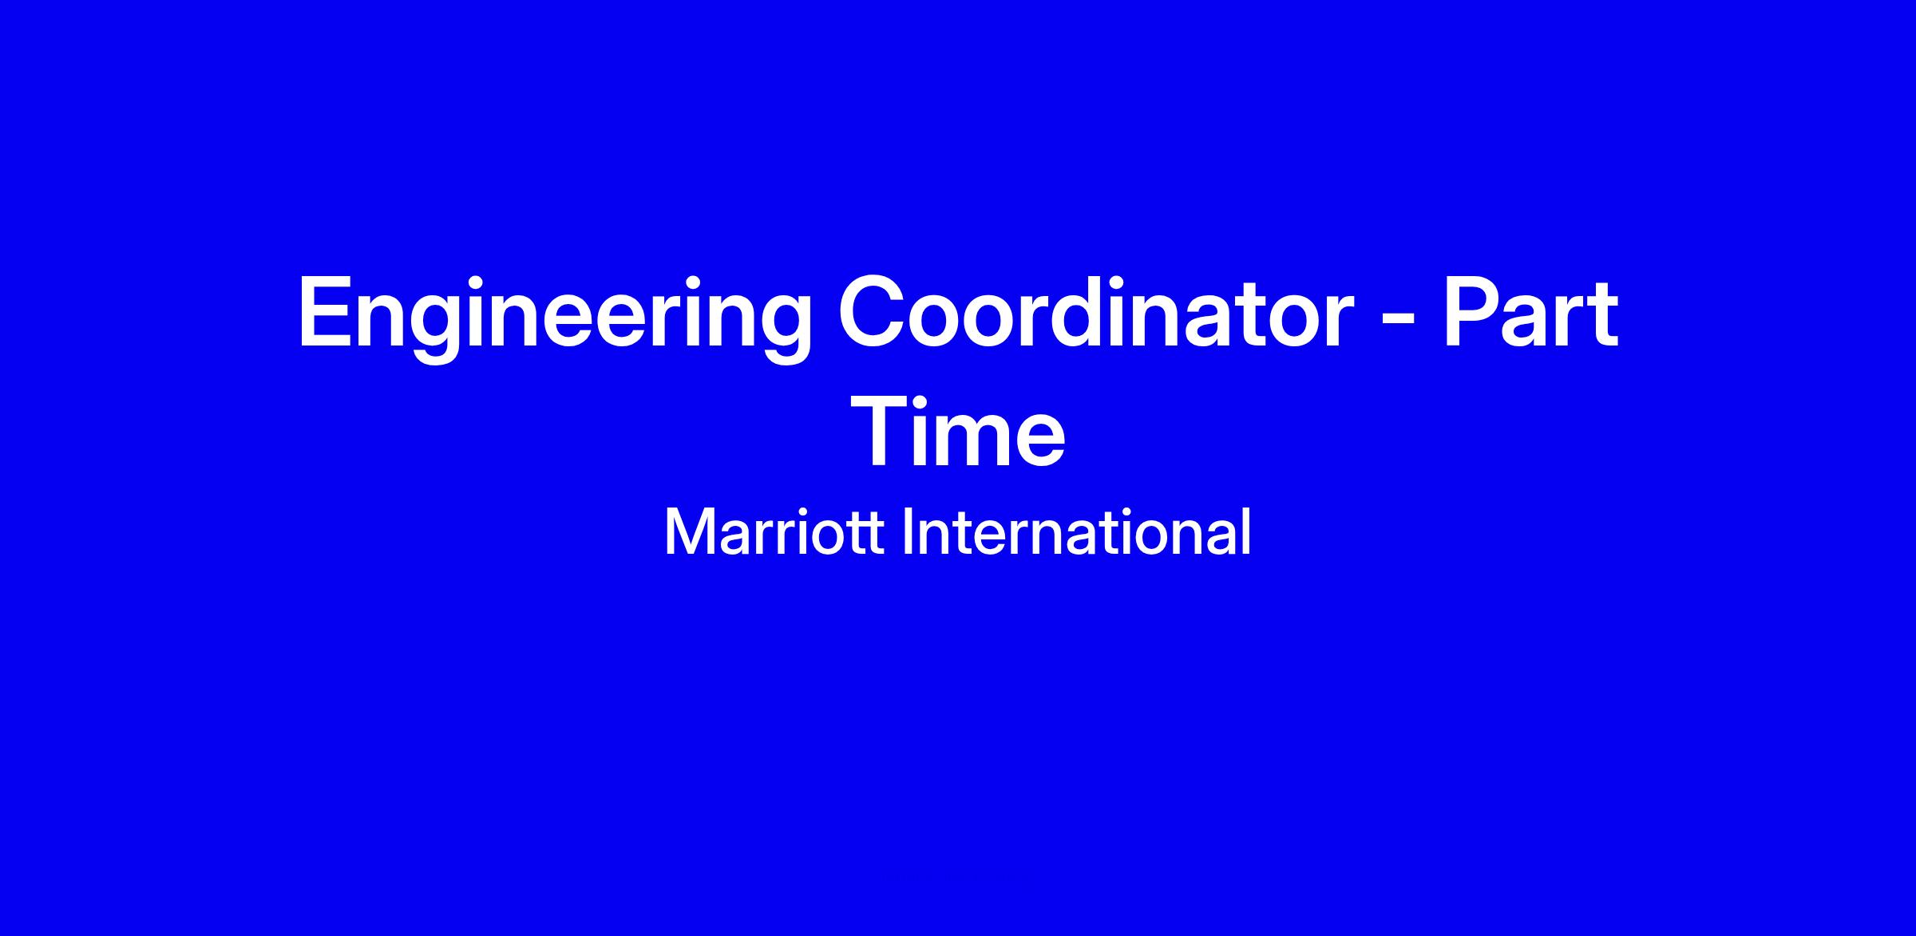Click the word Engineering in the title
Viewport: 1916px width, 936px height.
555,318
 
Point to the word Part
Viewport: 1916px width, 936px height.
1530,312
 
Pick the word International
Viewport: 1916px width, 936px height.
1075,532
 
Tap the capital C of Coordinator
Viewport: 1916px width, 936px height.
873,312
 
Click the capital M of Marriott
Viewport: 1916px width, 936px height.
687,532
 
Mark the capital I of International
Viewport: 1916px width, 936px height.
906,532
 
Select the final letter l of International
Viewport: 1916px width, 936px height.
1247,531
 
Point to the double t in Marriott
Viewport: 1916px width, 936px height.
867,535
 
